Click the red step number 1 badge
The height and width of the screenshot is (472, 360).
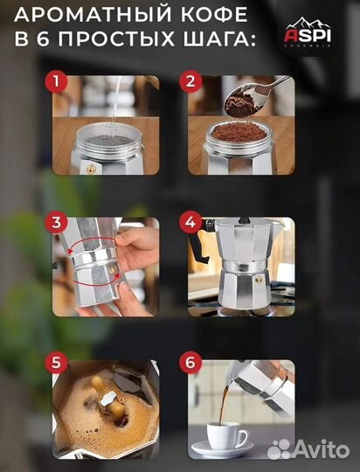(x=56, y=81)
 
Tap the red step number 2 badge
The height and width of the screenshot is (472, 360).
(x=190, y=81)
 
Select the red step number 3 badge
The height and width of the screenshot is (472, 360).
(x=56, y=223)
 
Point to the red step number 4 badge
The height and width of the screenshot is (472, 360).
(x=190, y=223)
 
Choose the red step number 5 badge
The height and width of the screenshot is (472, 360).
(x=56, y=363)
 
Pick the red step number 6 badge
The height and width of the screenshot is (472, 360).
(x=190, y=363)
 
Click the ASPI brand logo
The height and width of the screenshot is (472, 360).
(x=308, y=32)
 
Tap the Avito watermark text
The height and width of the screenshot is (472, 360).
(x=308, y=450)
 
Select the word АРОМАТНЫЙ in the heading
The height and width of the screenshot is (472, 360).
(x=88, y=15)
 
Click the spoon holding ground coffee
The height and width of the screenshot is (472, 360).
(x=256, y=97)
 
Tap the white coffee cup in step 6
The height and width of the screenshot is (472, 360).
(x=227, y=435)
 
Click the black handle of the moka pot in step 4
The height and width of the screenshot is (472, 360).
(x=198, y=244)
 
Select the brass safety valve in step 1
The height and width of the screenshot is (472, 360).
(x=90, y=170)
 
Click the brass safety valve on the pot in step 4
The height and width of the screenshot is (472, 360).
(x=259, y=281)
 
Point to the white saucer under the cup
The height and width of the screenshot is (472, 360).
(x=222, y=450)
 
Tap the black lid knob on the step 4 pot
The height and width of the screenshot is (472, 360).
(x=245, y=220)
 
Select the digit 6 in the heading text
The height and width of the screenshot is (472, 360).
(x=44, y=39)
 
